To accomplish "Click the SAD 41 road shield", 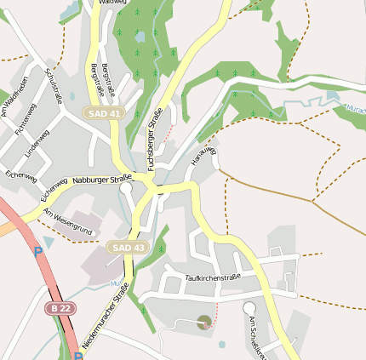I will (103, 112).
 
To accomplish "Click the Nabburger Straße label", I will (102, 180).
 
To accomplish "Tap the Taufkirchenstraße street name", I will (213, 277).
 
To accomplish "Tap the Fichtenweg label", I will (26, 118).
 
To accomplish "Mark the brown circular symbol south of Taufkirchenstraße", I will (203, 322).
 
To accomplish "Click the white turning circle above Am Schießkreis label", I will (249, 307).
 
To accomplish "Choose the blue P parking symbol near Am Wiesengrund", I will (37, 252).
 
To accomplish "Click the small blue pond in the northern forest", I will (140, 36).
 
